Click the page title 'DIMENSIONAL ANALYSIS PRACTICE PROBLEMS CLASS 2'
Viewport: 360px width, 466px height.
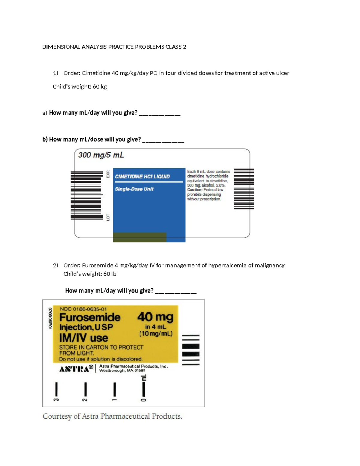click(x=114, y=47)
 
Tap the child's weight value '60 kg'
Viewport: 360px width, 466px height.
click(x=100, y=87)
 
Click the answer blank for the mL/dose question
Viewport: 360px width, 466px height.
click(x=163, y=142)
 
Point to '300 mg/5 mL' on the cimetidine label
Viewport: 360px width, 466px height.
click(x=101, y=155)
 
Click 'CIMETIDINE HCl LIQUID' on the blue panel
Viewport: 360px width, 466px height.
click(x=142, y=176)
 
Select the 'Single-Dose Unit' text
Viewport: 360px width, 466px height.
click(x=134, y=189)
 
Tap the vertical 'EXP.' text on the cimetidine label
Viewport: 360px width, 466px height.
click(x=108, y=174)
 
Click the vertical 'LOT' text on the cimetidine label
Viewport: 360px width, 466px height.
click(x=108, y=218)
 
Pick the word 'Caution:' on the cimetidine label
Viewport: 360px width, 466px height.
click(x=195, y=190)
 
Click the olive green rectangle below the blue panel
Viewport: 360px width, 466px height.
click(x=139, y=237)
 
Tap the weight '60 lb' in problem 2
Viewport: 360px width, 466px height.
click(x=110, y=274)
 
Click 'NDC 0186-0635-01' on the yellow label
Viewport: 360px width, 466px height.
click(x=83, y=309)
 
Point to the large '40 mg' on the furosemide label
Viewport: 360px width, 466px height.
click(x=155, y=317)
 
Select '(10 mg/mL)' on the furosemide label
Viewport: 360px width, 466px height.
click(x=156, y=334)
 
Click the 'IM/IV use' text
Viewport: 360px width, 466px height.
click(x=84, y=338)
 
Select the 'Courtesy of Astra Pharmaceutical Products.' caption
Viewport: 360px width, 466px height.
click(x=112, y=416)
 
